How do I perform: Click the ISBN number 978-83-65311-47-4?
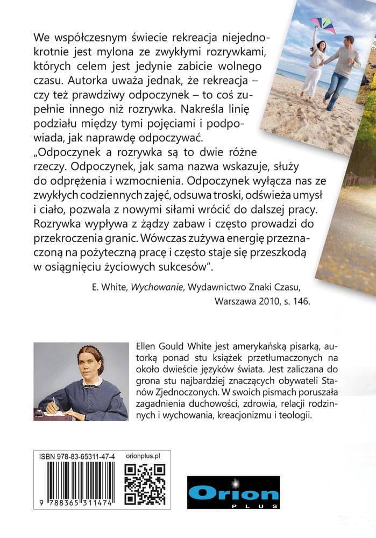coord(77,455)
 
